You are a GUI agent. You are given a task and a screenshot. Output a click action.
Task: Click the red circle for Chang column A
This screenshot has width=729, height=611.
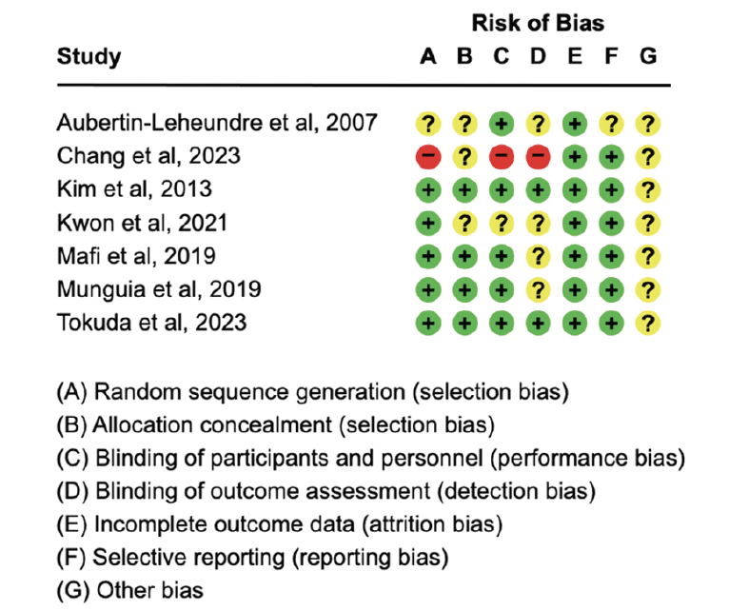click(x=428, y=157)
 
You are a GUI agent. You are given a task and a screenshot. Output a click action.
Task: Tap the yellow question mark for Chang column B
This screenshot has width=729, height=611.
click(x=465, y=157)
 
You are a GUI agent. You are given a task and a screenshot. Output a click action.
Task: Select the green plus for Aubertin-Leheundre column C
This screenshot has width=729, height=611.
click(x=502, y=124)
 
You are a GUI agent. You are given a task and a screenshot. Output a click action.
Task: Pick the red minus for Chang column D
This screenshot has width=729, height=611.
click(x=539, y=157)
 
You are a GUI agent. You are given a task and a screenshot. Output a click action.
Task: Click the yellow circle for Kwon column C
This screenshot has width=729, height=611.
click(x=502, y=224)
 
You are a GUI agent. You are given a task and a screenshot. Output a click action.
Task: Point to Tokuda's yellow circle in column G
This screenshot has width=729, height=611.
click(x=648, y=324)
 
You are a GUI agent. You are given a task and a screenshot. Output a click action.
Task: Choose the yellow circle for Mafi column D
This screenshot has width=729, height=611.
click(x=539, y=257)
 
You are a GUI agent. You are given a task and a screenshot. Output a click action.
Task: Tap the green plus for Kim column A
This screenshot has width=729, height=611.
click(x=428, y=190)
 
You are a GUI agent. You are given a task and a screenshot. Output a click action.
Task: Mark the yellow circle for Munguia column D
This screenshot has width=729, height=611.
click(x=539, y=289)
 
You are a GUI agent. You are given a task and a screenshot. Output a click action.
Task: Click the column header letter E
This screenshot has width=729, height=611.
click(x=575, y=56)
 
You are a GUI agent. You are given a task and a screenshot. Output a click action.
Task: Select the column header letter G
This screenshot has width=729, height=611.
click(x=648, y=56)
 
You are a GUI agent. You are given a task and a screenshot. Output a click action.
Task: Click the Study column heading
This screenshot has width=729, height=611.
click(x=89, y=57)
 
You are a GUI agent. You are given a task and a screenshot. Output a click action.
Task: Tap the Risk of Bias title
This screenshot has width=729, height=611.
click(x=538, y=23)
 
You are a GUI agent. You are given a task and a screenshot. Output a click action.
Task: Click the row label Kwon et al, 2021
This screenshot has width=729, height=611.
click(x=142, y=223)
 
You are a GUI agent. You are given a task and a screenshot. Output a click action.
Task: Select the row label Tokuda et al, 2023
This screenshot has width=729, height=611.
click(x=151, y=323)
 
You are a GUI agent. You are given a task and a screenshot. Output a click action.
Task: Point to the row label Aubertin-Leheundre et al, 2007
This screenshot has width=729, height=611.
click(x=217, y=123)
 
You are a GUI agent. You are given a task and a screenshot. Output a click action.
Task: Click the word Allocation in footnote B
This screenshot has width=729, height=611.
click(x=212, y=425)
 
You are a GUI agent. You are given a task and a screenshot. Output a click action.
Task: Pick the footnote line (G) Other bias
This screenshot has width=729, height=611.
click(x=129, y=591)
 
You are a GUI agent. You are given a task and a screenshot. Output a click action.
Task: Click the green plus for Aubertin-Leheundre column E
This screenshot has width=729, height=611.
click(x=575, y=124)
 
